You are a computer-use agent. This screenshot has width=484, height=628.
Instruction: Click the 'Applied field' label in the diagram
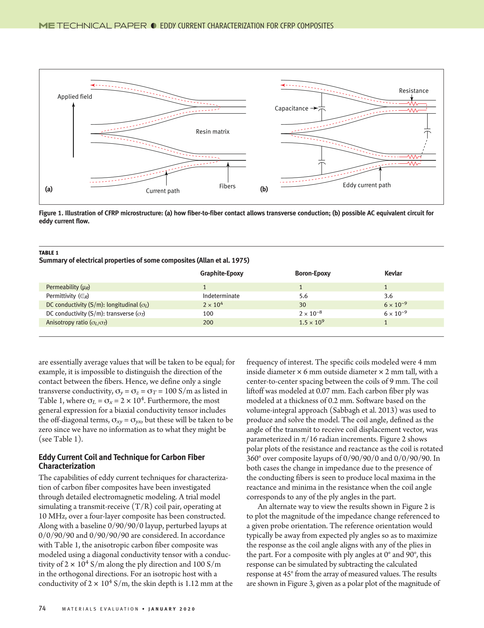click(x=75, y=97)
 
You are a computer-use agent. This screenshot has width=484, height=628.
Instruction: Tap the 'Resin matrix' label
click(x=213, y=132)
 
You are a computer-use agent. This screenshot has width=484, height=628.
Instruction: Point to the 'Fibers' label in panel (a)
click(x=227, y=186)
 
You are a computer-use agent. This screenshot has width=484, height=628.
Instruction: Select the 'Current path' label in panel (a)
click(x=163, y=191)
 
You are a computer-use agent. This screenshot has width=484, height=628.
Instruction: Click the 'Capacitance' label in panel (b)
click(x=291, y=108)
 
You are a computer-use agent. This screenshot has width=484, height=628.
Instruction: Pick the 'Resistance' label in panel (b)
click(x=414, y=91)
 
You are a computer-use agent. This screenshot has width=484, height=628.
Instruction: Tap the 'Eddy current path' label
click(x=367, y=185)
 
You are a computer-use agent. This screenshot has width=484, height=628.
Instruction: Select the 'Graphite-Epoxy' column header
click(x=222, y=273)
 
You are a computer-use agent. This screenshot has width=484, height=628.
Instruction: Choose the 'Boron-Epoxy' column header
click(x=312, y=273)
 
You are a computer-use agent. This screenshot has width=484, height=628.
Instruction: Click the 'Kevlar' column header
click(x=393, y=273)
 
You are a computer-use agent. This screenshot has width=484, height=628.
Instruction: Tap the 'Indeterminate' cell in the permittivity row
click(x=221, y=296)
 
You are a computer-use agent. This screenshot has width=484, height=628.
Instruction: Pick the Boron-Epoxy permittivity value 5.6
click(x=303, y=296)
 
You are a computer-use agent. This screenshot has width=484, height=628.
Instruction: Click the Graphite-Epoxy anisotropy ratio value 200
click(x=208, y=322)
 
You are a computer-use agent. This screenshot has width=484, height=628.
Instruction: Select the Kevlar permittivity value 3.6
click(x=388, y=296)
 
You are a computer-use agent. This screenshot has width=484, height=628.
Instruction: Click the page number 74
click(x=42, y=608)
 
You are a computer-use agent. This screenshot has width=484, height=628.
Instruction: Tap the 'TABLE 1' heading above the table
click(x=49, y=253)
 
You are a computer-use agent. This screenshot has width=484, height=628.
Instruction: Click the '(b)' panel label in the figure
click(x=264, y=189)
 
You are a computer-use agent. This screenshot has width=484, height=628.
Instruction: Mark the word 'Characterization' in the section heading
click(x=67, y=466)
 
